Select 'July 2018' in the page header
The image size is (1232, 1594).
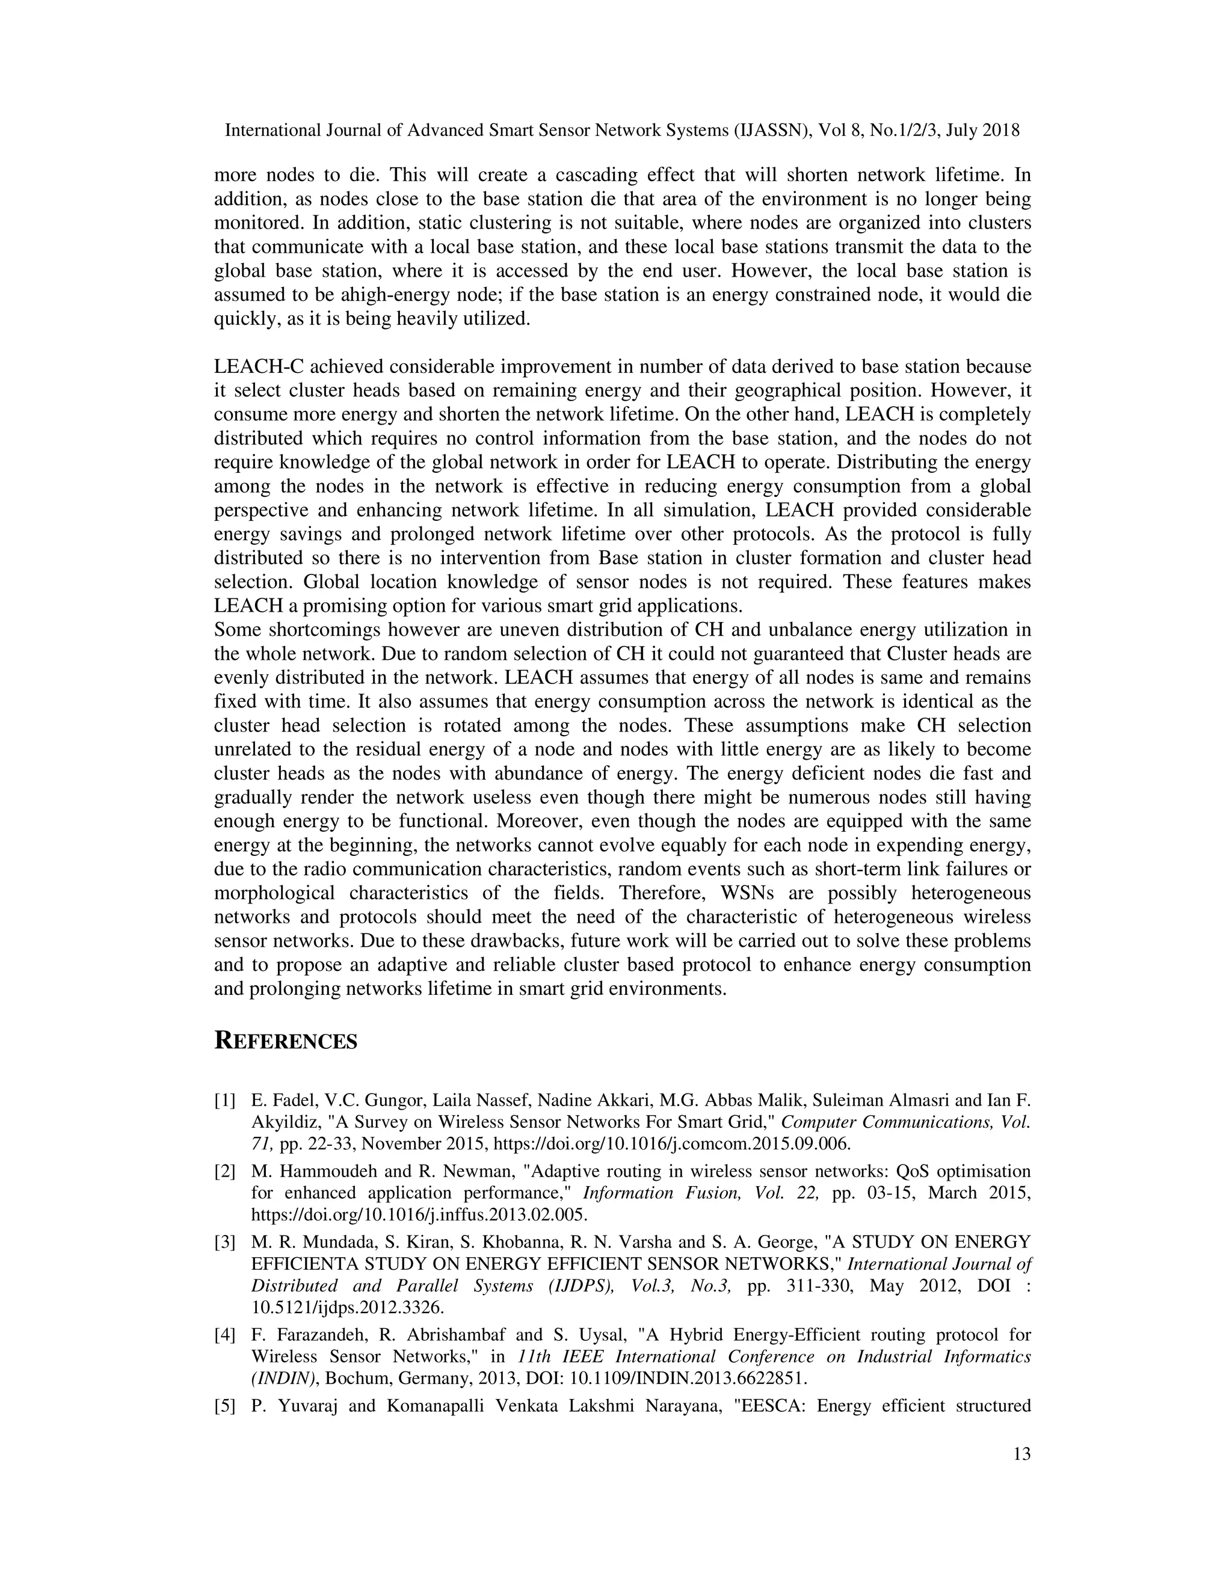pos(976,131)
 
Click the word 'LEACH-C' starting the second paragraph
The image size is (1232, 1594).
pos(258,366)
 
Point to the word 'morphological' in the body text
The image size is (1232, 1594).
pos(274,893)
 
